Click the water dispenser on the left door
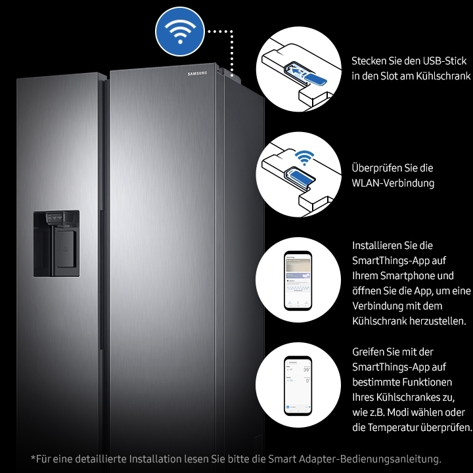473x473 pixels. (56, 243)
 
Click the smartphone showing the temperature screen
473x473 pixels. (297, 386)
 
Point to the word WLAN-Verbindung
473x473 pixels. (393, 183)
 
